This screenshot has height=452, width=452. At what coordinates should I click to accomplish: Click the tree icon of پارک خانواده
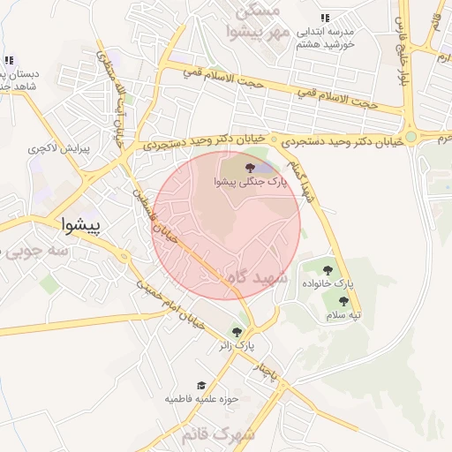[x=329, y=270]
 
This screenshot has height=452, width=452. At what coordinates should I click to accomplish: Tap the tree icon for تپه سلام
[x=343, y=301]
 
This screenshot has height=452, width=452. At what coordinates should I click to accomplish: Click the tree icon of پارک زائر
[x=236, y=331]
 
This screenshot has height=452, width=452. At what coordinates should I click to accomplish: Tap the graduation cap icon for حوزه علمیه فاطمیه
[x=201, y=386]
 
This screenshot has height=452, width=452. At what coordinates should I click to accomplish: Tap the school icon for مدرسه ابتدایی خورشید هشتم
[x=326, y=18]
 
